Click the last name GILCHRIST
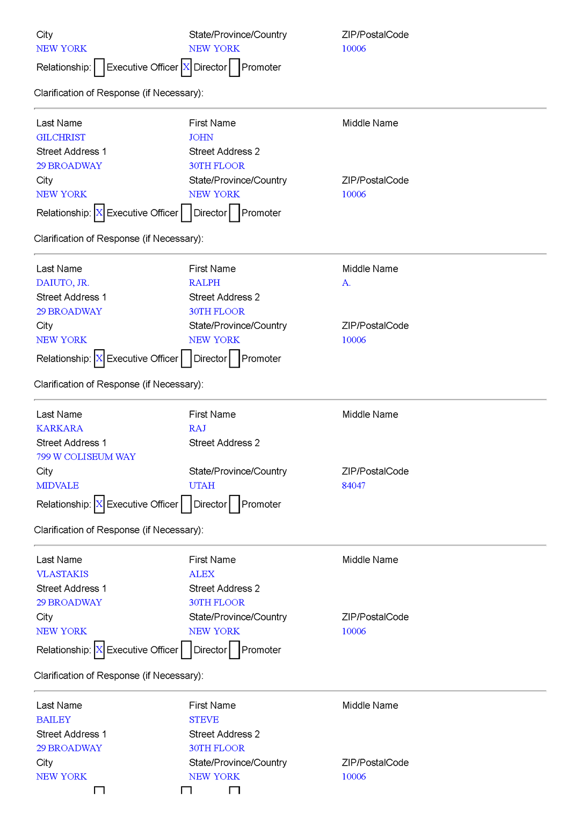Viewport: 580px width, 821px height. (61, 138)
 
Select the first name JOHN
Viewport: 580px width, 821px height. (201, 138)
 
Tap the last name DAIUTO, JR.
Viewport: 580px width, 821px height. (63, 283)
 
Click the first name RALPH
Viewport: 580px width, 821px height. (204, 283)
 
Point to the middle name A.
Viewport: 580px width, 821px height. (346, 283)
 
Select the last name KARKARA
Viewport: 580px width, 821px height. (60, 429)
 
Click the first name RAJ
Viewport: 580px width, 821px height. (197, 429)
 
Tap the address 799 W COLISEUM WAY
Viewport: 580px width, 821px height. (86, 457)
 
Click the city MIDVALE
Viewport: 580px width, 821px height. (57, 486)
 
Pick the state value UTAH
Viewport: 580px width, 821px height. (201, 486)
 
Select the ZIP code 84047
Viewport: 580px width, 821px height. (353, 486)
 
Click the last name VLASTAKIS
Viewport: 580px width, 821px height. (62, 574)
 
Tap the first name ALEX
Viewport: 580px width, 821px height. (201, 574)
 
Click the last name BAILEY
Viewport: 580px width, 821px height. (54, 720)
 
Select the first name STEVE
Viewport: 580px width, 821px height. (204, 720)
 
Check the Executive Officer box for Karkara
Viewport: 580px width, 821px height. (99, 504)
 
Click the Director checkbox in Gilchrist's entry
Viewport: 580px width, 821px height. (186, 213)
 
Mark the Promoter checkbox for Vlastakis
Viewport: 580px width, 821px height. (235, 650)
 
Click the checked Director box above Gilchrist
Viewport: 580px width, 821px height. (186, 67)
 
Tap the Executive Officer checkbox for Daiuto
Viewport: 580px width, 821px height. (99, 358)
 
